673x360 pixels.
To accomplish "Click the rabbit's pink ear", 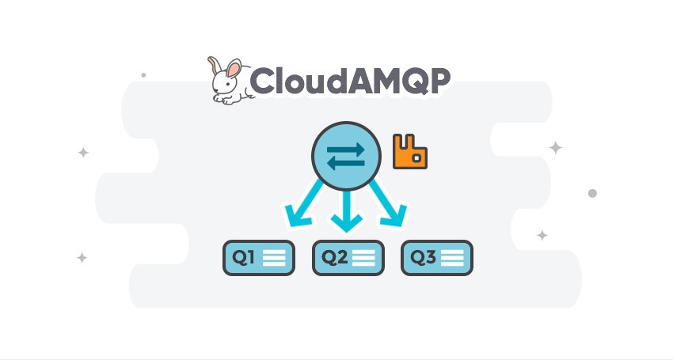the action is click(x=234, y=69).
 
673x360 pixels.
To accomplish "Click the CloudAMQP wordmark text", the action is click(x=349, y=81).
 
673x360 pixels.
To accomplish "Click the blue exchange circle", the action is click(x=346, y=156).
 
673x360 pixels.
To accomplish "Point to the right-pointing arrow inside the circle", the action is click(x=346, y=149).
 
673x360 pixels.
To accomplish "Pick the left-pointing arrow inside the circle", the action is click(x=346, y=163).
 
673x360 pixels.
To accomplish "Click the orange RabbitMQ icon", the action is click(x=410, y=151).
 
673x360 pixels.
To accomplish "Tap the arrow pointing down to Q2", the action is click(x=346, y=210).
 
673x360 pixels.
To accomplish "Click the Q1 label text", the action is click(x=243, y=257).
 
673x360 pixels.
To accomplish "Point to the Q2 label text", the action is click(x=334, y=257).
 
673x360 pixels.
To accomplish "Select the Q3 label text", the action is click(x=424, y=257).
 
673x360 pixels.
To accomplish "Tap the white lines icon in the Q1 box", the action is click(x=274, y=258).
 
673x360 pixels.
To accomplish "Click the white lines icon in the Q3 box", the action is click(x=452, y=258).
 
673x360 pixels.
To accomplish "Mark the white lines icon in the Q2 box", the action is click(x=363, y=258).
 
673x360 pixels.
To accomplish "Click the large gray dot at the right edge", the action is click(x=592, y=193).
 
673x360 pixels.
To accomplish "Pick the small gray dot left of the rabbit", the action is click(x=143, y=75).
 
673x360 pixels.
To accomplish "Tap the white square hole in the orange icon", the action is click(x=416, y=158).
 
